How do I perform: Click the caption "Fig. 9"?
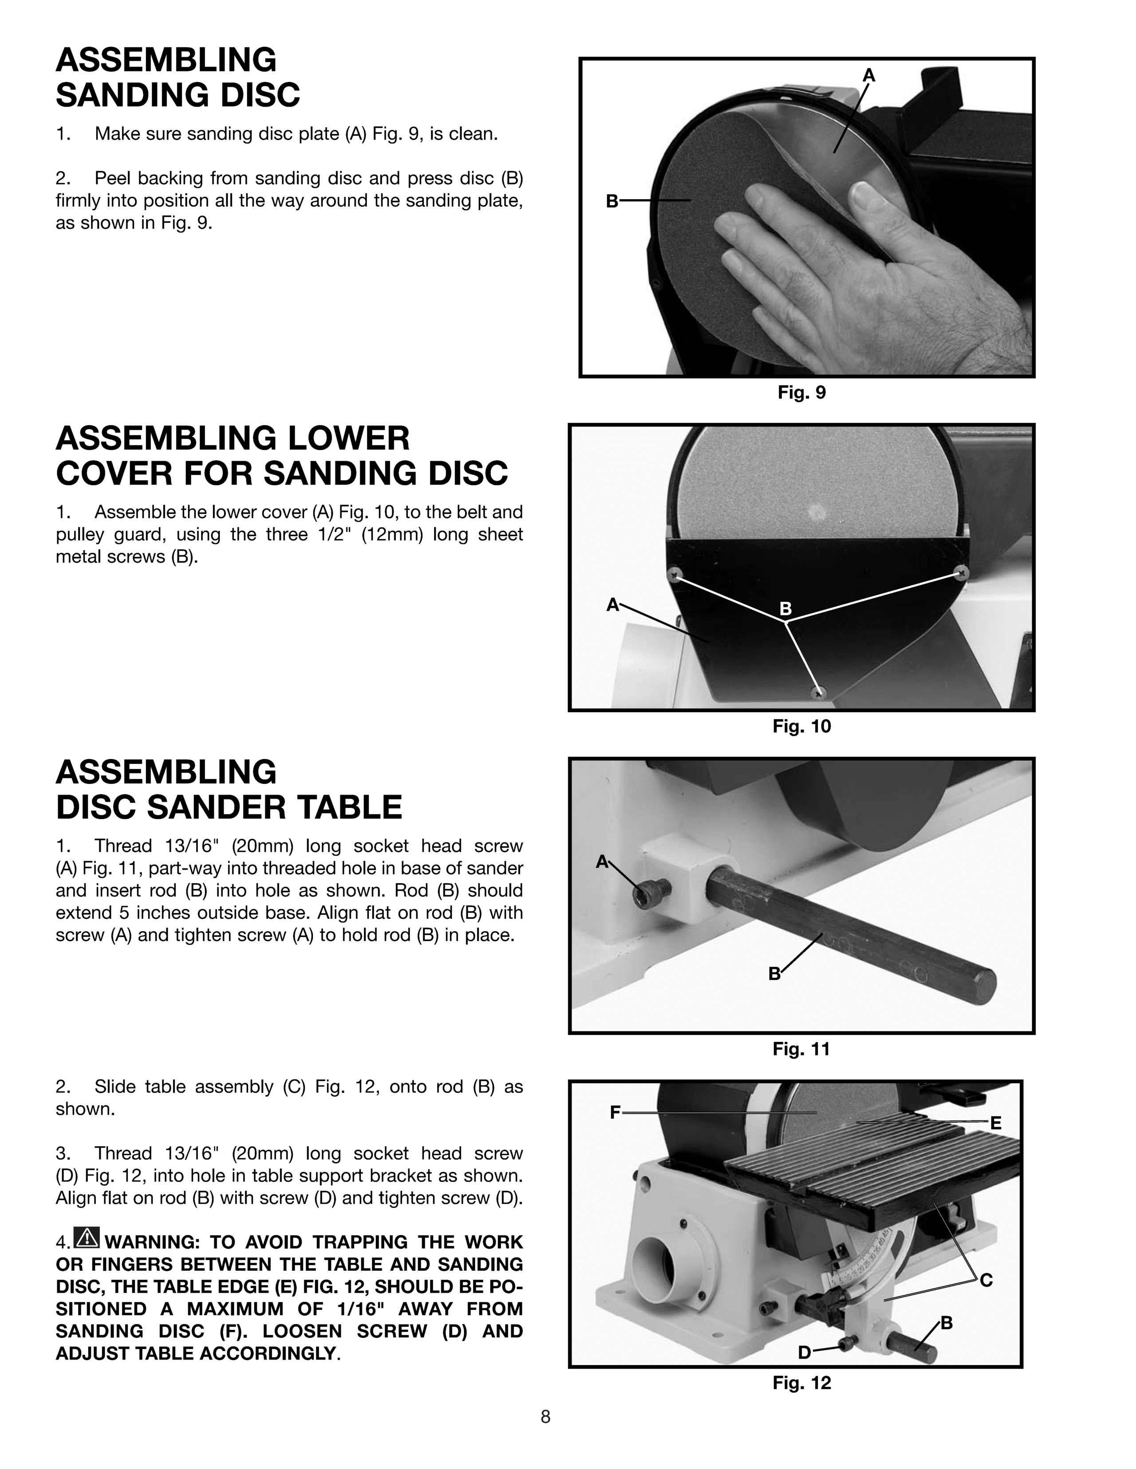click(801, 393)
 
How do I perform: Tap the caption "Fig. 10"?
click(801, 726)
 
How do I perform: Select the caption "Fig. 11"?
click(801, 1049)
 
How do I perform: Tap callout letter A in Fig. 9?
click(869, 76)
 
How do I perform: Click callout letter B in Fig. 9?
click(612, 200)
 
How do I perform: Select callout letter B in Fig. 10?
click(785, 609)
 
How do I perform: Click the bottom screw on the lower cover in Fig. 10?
click(818, 693)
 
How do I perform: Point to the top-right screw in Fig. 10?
click(961, 572)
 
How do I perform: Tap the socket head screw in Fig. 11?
click(652, 893)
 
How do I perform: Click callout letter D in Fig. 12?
click(804, 1352)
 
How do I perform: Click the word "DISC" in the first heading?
click(254, 95)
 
